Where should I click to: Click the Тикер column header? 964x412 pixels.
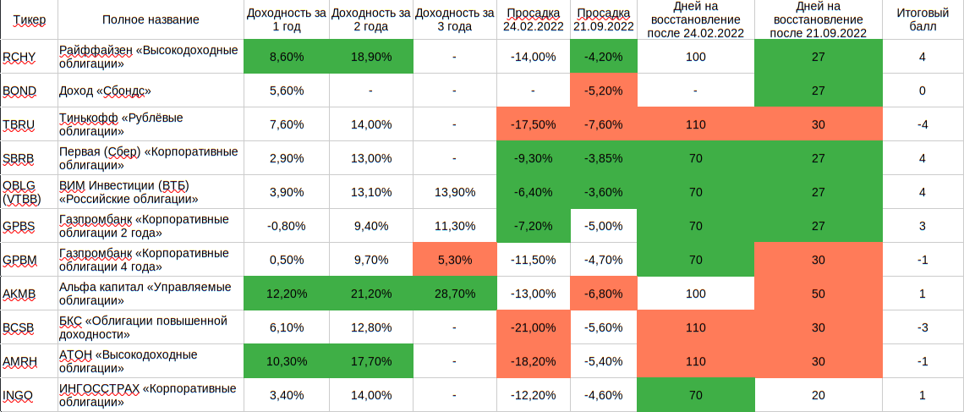[x=30, y=19]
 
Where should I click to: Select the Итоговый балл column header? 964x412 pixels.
[x=921, y=19]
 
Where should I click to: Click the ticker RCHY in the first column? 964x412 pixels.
[x=19, y=57]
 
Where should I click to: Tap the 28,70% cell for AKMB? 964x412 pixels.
[x=455, y=294]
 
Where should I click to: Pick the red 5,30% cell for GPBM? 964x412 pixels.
[x=455, y=260]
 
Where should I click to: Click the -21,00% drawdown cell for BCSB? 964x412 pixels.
[x=534, y=327]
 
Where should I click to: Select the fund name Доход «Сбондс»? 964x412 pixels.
[x=106, y=91]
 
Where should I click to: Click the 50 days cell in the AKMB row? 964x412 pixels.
[x=817, y=294]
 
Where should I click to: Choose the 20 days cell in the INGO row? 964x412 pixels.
[x=817, y=395]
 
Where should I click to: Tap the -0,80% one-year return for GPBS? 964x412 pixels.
[x=285, y=226]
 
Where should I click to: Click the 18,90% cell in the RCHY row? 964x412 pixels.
[x=370, y=57]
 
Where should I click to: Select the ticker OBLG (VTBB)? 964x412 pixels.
[x=22, y=192]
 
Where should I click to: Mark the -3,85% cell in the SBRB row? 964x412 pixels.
[x=604, y=158]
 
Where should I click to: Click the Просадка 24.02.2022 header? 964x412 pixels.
[x=534, y=19]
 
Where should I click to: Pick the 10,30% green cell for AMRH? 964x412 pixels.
[x=285, y=361]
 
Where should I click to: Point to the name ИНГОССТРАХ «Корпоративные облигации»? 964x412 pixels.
[x=146, y=395]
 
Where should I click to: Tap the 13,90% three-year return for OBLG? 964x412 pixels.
[x=455, y=192]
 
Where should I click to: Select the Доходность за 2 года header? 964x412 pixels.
[x=370, y=19]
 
